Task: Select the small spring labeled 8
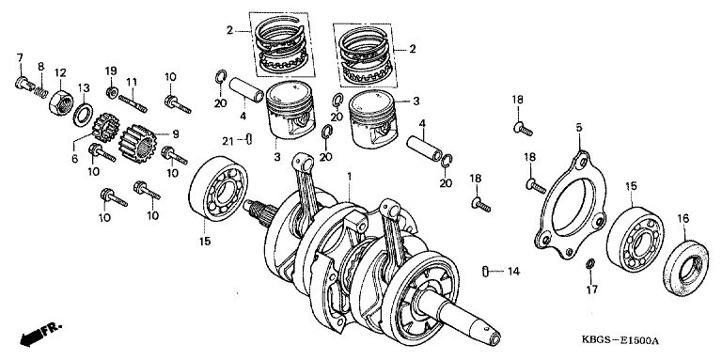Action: point(41,92)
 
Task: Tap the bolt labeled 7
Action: point(24,84)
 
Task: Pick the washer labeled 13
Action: point(83,115)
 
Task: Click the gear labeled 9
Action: point(136,143)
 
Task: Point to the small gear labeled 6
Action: point(105,128)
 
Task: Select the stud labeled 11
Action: point(133,104)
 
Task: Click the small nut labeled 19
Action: point(111,92)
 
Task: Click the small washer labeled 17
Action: point(590,264)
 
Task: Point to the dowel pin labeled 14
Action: point(485,271)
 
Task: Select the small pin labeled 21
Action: point(249,138)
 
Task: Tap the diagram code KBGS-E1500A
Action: point(620,341)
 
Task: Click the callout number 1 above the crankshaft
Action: point(350,177)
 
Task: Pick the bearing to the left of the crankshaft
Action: point(218,188)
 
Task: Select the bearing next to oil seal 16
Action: point(635,238)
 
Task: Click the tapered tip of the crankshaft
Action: point(494,338)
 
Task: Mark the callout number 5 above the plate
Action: point(579,128)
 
